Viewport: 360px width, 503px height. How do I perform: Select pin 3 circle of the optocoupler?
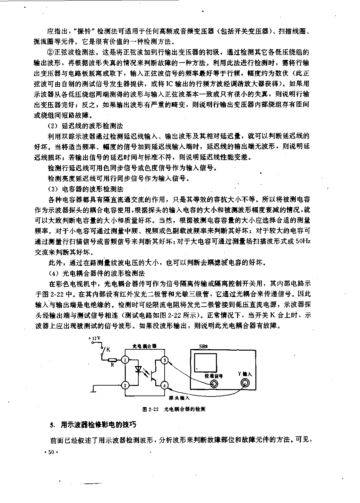click(165, 360)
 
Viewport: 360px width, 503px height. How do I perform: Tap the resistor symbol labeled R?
click(112, 360)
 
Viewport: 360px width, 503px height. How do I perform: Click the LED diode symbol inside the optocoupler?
click(139, 370)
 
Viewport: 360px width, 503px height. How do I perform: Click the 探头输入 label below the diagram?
click(179, 398)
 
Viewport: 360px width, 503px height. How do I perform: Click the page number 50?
click(51, 452)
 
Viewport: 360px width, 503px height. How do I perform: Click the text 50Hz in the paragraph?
click(303, 242)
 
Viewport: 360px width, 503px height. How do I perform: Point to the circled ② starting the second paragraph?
click(50, 51)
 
